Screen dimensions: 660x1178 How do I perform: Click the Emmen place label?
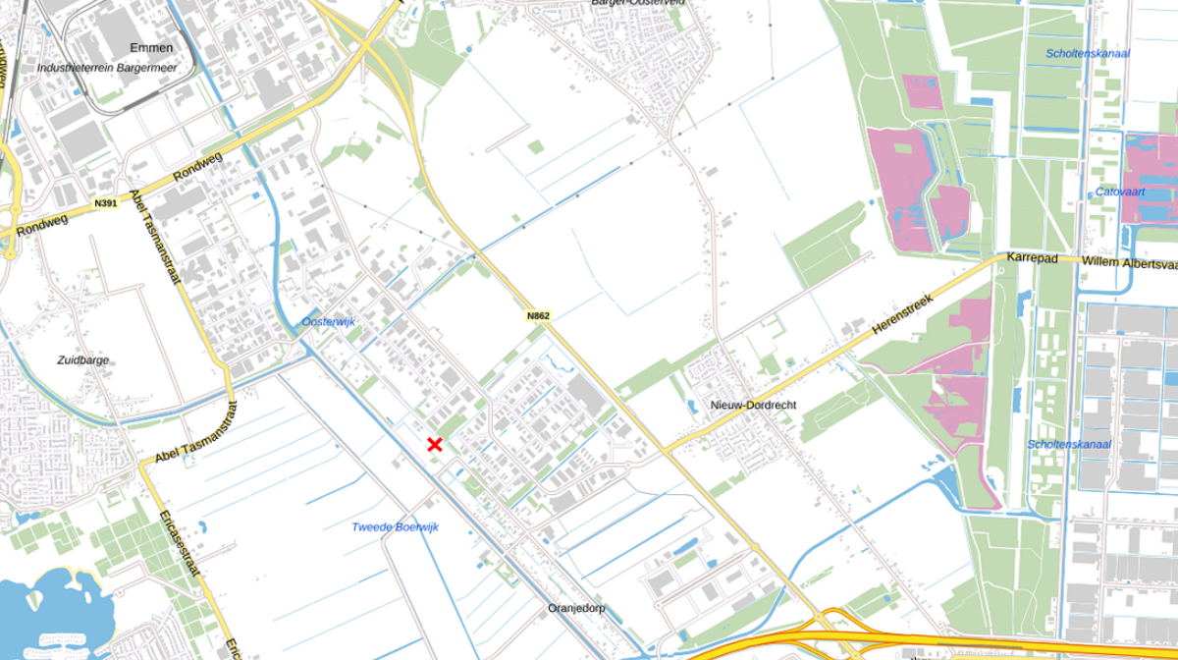(x=151, y=48)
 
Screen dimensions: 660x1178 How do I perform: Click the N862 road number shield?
(x=538, y=316)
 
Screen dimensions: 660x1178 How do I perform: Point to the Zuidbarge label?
(x=83, y=360)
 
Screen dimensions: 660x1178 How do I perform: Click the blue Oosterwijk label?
(x=328, y=322)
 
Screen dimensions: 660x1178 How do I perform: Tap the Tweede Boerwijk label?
(x=395, y=527)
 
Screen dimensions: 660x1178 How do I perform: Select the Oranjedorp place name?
(x=576, y=609)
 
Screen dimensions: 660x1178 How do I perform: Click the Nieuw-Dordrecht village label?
(x=752, y=406)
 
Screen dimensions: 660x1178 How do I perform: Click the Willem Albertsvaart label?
(x=1129, y=263)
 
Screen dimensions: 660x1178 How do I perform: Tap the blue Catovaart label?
(x=1121, y=192)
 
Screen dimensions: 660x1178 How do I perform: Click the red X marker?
(x=435, y=445)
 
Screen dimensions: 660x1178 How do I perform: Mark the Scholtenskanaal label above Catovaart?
(x=1088, y=54)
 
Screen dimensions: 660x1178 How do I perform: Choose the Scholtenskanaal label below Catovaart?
(x=1069, y=445)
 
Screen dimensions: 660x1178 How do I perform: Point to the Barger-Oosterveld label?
(x=637, y=3)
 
